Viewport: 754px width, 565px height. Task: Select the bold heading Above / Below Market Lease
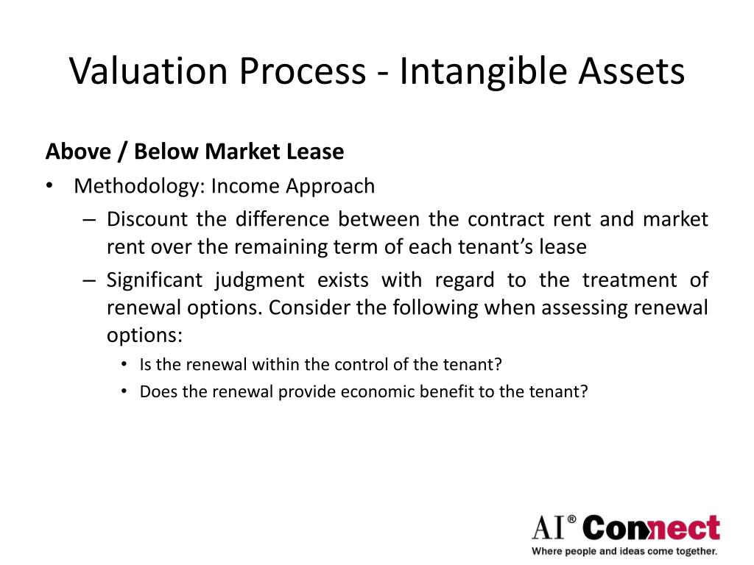coord(194,152)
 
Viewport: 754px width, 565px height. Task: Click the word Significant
coord(155,280)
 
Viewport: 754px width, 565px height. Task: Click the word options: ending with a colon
coord(144,335)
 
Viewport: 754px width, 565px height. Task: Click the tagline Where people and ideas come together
coord(624,550)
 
